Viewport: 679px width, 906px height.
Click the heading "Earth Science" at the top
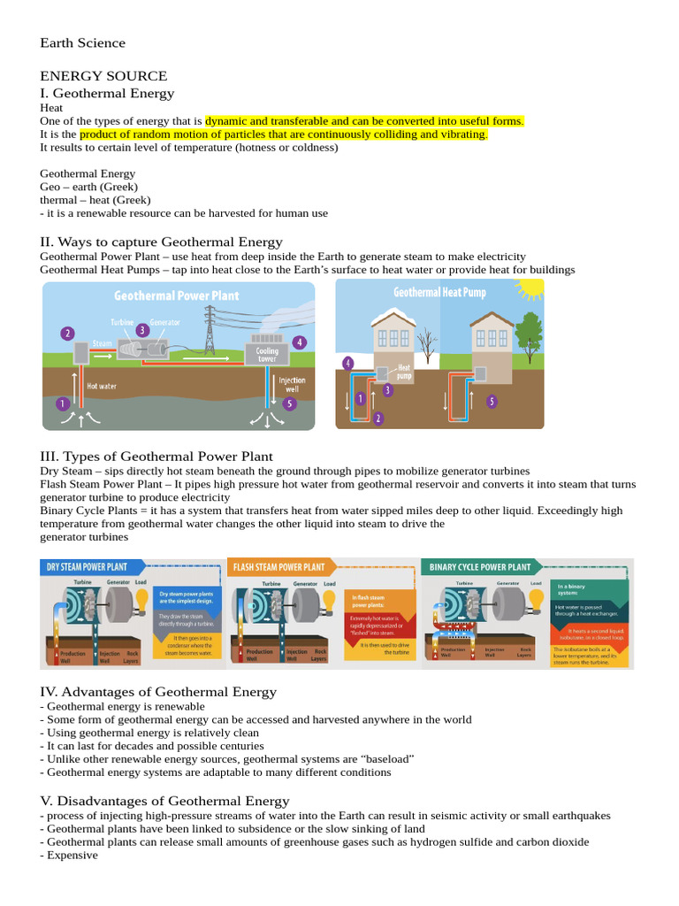(x=83, y=42)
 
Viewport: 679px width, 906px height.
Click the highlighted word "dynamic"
(x=229, y=121)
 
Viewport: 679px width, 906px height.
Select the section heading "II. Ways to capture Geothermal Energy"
(x=161, y=242)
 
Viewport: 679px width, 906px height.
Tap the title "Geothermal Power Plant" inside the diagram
(x=176, y=296)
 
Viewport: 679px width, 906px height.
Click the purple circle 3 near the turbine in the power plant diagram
(x=142, y=330)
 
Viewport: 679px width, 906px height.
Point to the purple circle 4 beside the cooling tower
(x=300, y=342)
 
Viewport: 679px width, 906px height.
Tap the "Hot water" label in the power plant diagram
(x=102, y=386)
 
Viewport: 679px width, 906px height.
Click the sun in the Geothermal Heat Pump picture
(x=531, y=288)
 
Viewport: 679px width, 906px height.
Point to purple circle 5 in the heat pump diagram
(x=492, y=401)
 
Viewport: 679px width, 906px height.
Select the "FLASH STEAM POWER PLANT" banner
(x=278, y=567)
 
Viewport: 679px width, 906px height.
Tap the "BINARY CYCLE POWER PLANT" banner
(x=480, y=567)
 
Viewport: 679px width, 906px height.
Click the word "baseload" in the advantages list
(x=385, y=759)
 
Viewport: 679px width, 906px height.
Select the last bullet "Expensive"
(x=72, y=856)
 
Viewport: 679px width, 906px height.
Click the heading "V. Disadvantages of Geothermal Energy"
(x=164, y=801)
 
